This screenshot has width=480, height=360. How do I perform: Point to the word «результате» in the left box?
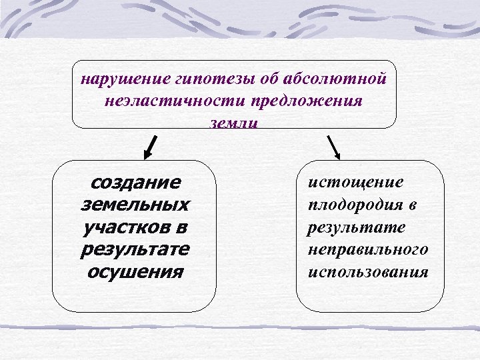[x=134, y=249]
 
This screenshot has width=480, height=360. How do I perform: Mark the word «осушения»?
[x=134, y=272]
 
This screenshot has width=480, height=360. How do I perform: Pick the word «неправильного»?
[x=367, y=249]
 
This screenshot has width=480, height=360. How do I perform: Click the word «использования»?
[x=367, y=272]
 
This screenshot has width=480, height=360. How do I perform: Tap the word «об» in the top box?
[x=268, y=79]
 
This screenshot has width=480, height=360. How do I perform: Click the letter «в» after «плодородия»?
[x=413, y=204]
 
